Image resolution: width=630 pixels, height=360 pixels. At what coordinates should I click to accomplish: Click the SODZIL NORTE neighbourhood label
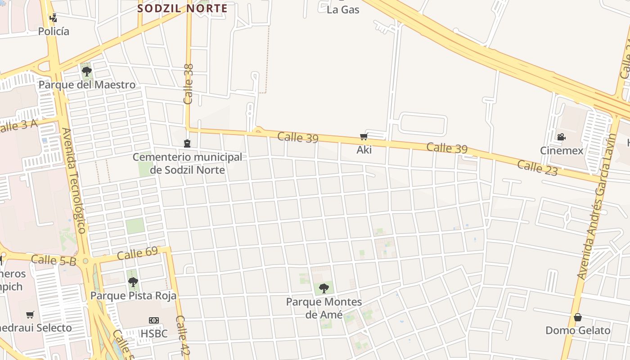182,8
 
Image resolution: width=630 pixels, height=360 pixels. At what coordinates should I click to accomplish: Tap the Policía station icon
54,18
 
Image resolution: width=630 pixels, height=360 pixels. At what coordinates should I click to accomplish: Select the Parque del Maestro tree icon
86,72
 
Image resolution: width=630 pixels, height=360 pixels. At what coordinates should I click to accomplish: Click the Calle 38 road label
189,84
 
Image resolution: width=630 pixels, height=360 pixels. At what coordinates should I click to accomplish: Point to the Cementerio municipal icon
187,144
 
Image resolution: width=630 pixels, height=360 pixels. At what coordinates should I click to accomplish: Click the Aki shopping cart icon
364,137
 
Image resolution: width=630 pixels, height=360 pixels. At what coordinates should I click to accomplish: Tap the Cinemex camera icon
561,137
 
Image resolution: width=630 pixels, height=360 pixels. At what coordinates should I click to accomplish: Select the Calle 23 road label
537,168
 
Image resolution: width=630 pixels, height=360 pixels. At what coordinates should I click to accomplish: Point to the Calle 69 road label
137,253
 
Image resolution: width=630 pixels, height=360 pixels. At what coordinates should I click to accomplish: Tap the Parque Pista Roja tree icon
133,282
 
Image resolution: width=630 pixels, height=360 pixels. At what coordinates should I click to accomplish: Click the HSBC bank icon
154,320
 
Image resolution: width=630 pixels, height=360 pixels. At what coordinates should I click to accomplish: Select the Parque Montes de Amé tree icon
324,288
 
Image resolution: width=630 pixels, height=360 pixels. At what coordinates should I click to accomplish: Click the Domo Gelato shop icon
578,318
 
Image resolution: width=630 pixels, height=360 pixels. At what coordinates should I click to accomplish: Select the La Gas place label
343,9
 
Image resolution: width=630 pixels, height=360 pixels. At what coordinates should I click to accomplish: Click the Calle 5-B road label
54,260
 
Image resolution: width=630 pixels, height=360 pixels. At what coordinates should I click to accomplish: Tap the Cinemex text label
561,151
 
